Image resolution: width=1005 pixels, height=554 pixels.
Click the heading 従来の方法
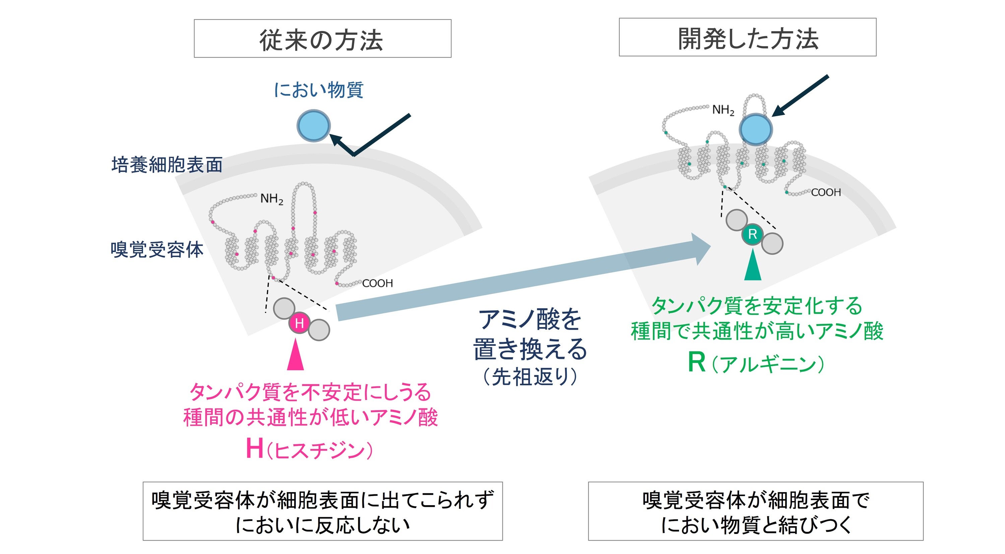click(x=322, y=39)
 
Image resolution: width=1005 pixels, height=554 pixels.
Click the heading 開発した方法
click(x=747, y=38)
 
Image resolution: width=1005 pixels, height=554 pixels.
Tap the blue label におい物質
click(x=319, y=90)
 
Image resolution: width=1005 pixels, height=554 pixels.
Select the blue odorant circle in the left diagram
click(x=313, y=126)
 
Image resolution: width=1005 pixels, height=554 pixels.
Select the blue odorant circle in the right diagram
click(x=755, y=130)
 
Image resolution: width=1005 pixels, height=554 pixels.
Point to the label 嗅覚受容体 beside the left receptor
click(x=157, y=249)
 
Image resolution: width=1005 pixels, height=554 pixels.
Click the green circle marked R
click(x=752, y=234)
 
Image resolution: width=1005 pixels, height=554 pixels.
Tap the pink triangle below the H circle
click(x=295, y=355)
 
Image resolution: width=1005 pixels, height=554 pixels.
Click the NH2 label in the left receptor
click(x=272, y=199)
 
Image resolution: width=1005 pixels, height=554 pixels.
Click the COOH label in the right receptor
click(x=826, y=192)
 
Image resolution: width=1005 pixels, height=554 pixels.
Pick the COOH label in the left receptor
click(x=377, y=284)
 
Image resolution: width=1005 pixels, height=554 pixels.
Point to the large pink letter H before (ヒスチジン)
click(x=254, y=448)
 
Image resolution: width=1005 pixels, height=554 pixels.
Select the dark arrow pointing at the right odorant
click(x=800, y=96)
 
